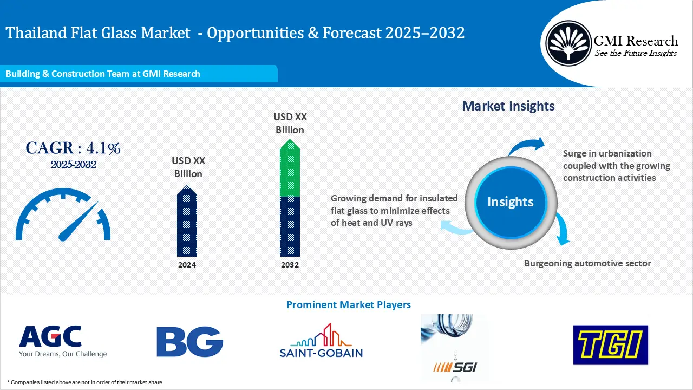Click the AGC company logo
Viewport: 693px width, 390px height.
[x=63, y=341]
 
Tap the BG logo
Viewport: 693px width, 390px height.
[x=189, y=341]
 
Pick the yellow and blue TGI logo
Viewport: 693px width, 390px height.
[x=610, y=344]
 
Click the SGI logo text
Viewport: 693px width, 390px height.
[x=455, y=367]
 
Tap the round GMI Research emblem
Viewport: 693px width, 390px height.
[x=568, y=43]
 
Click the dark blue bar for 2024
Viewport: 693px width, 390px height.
[x=187, y=221]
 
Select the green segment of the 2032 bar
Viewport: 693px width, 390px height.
[x=290, y=168]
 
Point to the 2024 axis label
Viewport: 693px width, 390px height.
[x=187, y=265]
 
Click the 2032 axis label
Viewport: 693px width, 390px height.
[x=290, y=265]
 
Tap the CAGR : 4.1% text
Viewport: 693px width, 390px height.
[x=73, y=148]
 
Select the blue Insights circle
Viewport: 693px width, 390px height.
[x=511, y=202]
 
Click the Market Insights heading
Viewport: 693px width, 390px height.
[x=508, y=106]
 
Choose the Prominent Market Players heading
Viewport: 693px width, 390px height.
[x=349, y=305]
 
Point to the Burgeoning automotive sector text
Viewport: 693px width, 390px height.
[x=587, y=263]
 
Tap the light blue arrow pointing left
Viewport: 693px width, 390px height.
[x=455, y=228]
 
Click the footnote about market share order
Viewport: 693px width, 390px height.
[x=84, y=382]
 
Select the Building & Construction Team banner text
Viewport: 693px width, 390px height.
[x=103, y=74]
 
